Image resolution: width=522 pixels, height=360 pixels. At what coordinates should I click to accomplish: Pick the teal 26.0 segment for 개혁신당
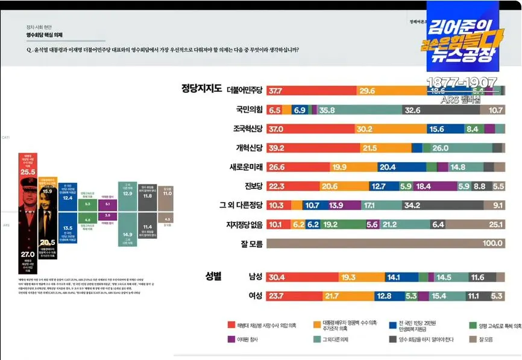[456, 148]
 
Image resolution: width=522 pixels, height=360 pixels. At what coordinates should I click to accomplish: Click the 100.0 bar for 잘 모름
[386, 244]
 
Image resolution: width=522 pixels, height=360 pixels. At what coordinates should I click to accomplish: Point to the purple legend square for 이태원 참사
[231, 339]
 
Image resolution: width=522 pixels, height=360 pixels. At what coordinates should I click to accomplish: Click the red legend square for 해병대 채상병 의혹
[231, 325]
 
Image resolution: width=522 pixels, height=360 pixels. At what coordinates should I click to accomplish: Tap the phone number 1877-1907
[462, 83]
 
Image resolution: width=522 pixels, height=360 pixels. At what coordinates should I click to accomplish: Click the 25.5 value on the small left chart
[28, 172]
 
